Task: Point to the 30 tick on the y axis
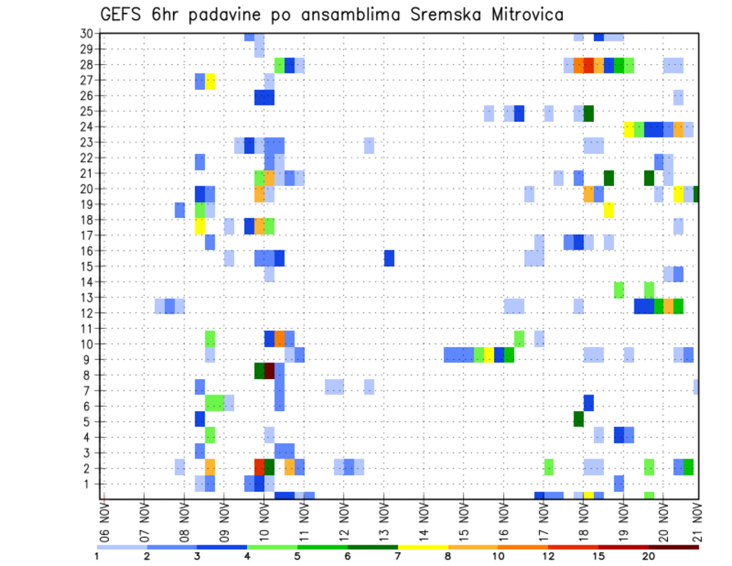(86, 33)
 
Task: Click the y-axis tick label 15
(86, 266)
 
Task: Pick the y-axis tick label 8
(89, 375)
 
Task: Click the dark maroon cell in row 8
(269, 371)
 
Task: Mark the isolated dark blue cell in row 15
(389, 258)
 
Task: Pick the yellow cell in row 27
(210, 81)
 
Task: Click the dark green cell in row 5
(579, 419)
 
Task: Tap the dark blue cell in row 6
(589, 403)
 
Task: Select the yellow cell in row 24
(629, 129)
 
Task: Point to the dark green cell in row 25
(589, 113)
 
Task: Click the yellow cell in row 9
(489, 355)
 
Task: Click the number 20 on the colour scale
(649, 556)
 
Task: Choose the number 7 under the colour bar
(398, 556)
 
